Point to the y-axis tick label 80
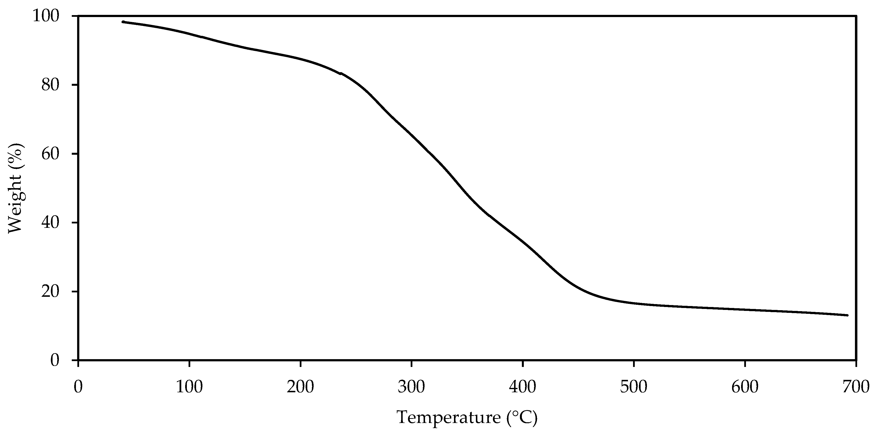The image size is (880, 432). click(x=51, y=85)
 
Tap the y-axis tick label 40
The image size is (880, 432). click(x=51, y=223)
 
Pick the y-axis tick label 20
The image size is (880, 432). click(x=51, y=291)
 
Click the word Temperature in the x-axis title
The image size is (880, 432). click(x=448, y=418)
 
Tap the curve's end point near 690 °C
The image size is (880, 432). click(x=847, y=315)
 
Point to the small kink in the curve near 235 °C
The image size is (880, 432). click(x=340, y=73)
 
